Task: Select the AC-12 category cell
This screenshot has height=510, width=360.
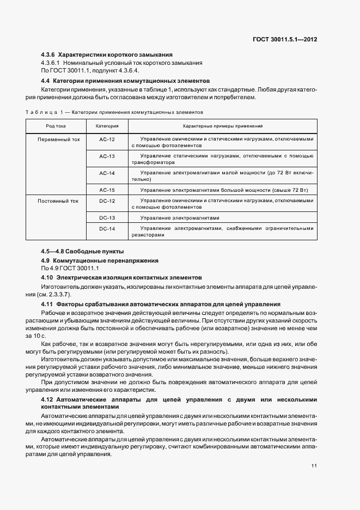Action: click(x=107, y=139)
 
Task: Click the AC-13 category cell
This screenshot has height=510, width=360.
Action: click(x=107, y=156)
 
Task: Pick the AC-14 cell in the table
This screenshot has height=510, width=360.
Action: click(x=107, y=173)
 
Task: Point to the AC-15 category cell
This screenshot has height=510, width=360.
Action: click(x=107, y=190)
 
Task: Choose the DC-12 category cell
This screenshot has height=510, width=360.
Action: click(x=107, y=201)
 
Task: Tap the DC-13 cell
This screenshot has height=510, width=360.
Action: click(x=107, y=217)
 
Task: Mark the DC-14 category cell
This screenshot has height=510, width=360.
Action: click(x=107, y=229)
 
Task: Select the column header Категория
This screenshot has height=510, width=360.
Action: click(x=107, y=126)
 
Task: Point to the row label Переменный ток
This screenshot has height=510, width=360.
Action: click(x=58, y=139)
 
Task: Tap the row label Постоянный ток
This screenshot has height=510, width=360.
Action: click(x=58, y=201)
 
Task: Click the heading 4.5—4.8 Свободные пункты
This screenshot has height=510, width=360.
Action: click(x=82, y=251)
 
